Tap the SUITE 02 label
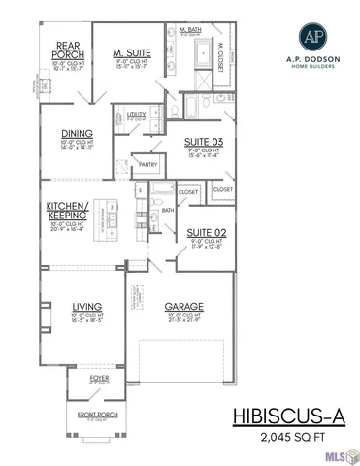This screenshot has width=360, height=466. (x=205, y=233)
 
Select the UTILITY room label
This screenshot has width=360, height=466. (x=138, y=114)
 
